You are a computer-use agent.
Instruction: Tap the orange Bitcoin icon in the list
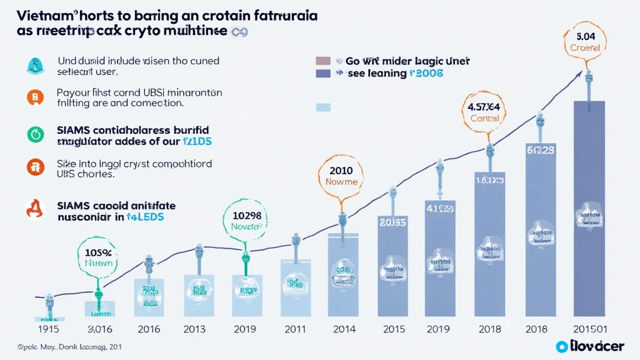[34, 97]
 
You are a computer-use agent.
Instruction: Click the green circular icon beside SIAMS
[34, 132]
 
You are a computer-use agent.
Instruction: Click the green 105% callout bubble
[97, 257]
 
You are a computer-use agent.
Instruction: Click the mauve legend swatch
[322, 61]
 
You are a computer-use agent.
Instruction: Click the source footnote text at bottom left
[59, 346]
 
